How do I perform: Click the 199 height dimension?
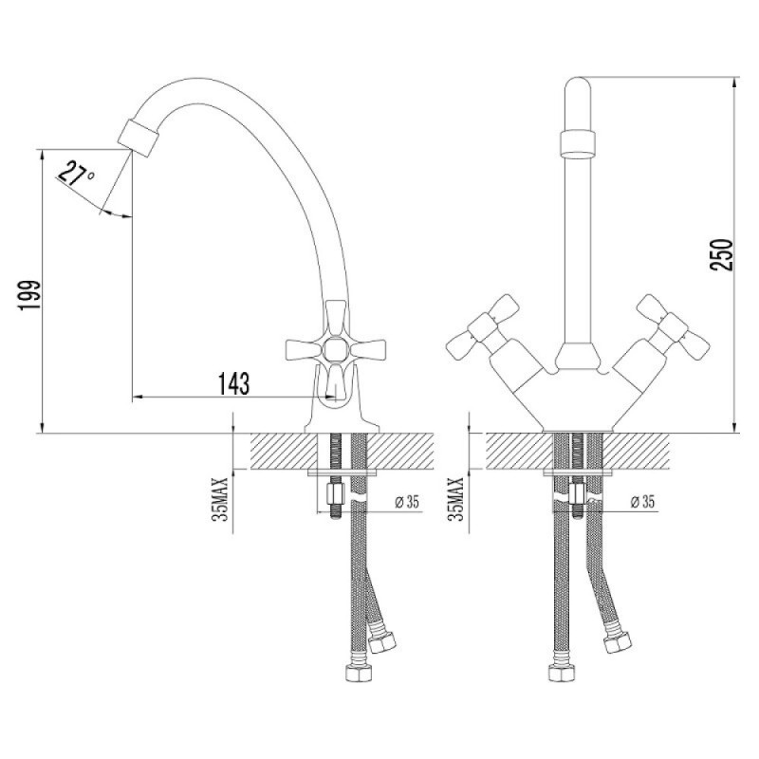point(28,295)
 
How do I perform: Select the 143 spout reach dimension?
point(234,384)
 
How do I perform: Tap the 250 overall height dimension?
point(721,254)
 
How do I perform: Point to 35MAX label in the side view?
point(220,499)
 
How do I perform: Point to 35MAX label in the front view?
point(456,499)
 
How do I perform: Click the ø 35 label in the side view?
point(407,502)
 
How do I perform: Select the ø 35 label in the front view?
point(642,502)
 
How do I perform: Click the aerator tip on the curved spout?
point(139,137)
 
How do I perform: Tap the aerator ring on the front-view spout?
point(577,143)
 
